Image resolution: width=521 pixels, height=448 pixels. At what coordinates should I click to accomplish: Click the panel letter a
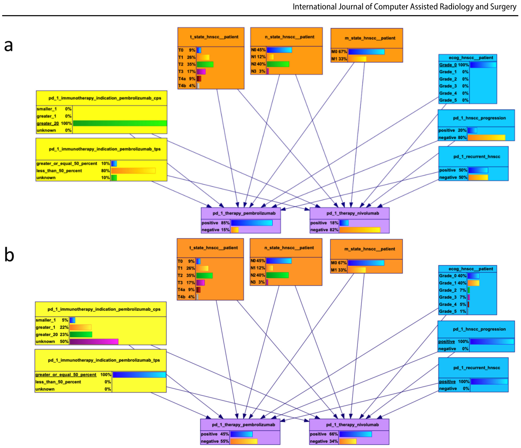[x=8, y=46]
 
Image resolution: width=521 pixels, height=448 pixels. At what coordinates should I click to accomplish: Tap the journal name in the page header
[x=404, y=7]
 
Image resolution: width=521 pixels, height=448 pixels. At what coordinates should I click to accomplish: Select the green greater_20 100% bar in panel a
[x=120, y=123]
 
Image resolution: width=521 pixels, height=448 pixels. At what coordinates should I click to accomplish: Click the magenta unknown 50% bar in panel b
[x=94, y=342]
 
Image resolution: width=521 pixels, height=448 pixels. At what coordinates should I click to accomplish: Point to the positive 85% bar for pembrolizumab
[x=252, y=223]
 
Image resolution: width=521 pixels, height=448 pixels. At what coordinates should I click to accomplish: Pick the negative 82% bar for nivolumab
[x=360, y=230]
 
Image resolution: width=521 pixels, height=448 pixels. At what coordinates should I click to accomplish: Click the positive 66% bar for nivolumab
[x=355, y=434]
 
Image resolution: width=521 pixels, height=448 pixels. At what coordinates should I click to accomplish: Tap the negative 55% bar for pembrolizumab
[x=244, y=441]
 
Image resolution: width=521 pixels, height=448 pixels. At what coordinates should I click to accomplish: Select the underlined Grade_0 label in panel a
[x=448, y=65]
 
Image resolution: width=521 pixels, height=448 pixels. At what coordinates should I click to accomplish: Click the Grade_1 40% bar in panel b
[x=474, y=283]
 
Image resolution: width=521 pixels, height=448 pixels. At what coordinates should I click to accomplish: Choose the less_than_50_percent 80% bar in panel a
[x=133, y=171]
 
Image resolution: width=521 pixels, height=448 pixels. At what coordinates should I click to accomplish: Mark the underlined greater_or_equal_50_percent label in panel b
[x=66, y=374]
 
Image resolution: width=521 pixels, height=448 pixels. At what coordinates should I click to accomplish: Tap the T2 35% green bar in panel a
[x=205, y=64]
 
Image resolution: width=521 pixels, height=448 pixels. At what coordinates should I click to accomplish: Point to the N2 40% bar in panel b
[x=277, y=275]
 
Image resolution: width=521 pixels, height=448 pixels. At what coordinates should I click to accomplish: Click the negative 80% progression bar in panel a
[x=486, y=138]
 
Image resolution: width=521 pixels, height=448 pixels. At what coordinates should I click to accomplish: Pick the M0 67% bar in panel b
[x=366, y=263]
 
